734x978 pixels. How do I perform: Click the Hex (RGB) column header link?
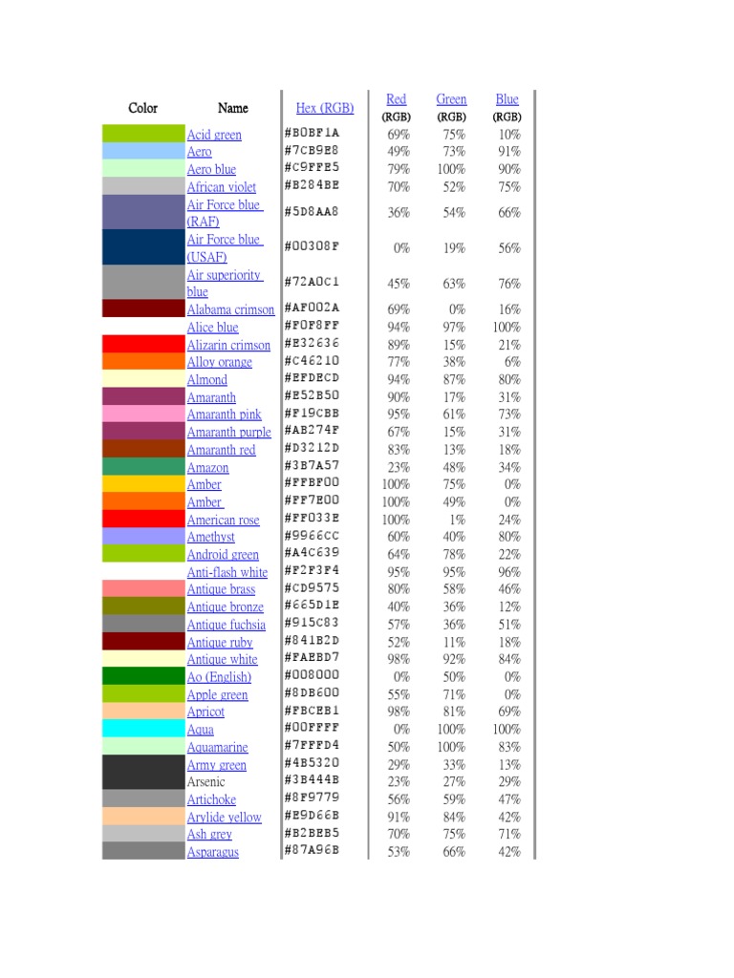pyautogui.click(x=324, y=108)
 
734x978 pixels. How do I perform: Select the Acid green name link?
pyautogui.click(x=214, y=135)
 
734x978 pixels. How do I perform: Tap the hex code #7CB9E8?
pyautogui.click(x=311, y=150)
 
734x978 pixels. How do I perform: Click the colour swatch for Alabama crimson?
pyautogui.click(x=143, y=308)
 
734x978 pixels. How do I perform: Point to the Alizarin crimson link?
pyautogui.click(x=228, y=345)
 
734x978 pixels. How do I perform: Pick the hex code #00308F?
pyautogui.click(x=311, y=246)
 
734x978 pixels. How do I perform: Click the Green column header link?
pyautogui.click(x=451, y=99)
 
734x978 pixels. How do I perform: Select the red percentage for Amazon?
pyautogui.click(x=399, y=467)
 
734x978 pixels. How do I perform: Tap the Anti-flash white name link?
pyautogui.click(x=227, y=572)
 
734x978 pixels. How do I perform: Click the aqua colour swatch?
pyautogui.click(x=143, y=729)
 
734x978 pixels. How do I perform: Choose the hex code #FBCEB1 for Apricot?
pyautogui.click(x=311, y=711)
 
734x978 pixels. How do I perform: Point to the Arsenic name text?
pyautogui.click(x=206, y=782)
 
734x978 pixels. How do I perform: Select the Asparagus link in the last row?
pyautogui.click(x=212, y=852)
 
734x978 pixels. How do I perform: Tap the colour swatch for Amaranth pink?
pyautogui.click(x=143, y=414)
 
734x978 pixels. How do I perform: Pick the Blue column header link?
pyautogui.click(x=507, y=99)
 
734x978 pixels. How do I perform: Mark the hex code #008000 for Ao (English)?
pyautogui.click(x=311, y=675)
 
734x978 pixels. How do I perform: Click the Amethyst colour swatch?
pyautogui.click(x=143, y=537)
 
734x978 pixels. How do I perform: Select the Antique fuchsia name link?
pyautogui.click(x=226, y=625)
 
